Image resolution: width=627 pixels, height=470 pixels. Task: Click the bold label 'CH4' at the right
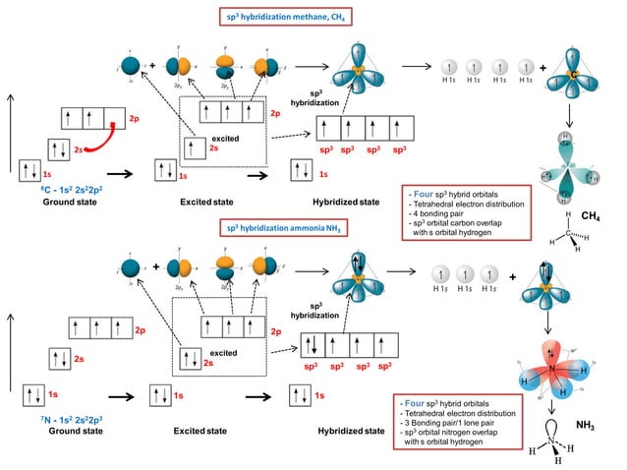pyautogui.click(x=592, y=213)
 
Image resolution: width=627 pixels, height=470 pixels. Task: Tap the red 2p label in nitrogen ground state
pyautogui.click(x=140, y=330)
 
